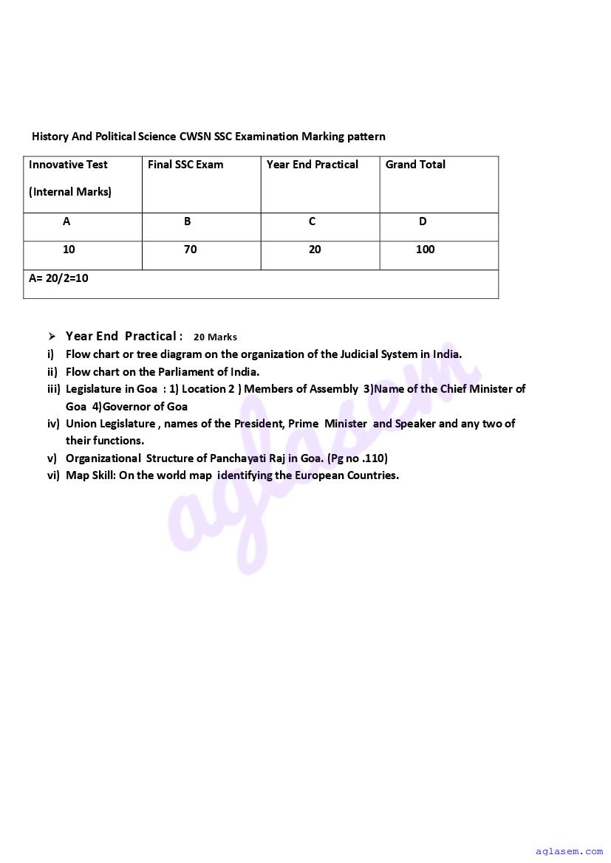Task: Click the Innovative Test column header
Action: [68, 165]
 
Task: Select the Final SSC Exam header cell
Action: [185, 165]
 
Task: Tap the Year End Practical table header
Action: [313, 165]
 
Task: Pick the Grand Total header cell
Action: [415, 165]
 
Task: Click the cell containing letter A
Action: [66, 221]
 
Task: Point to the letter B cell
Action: [188, 221]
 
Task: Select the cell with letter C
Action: [313, 221]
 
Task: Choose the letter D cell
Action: [423, 221]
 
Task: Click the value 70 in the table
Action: [191, 250]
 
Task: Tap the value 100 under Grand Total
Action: [426, 250]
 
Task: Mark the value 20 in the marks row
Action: [315, 250]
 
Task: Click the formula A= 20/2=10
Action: [58, 278]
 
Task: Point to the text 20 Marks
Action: [216, 337]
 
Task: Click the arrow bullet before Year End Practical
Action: [52, 337]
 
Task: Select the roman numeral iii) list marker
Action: [53, 389]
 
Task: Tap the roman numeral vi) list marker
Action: [53, 475]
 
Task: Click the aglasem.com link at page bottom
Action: [570, 851]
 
